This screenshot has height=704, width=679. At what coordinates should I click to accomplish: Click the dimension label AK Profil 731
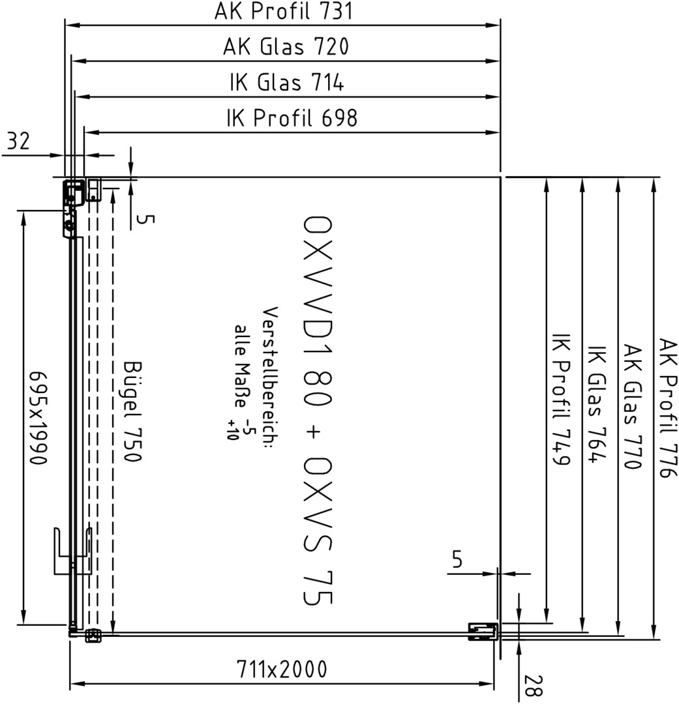(284, 11)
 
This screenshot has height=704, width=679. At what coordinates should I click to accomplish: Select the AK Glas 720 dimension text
(286, 47)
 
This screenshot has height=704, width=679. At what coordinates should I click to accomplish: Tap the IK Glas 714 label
(287, 83)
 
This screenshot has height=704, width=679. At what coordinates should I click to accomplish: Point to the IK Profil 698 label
(292, 118)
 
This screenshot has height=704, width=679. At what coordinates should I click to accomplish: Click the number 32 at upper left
(18, 141)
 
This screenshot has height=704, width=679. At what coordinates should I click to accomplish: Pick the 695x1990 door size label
(38, 418)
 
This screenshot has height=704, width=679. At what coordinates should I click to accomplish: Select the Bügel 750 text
(132, 411)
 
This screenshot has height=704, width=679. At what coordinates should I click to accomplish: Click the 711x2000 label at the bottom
(282, 669)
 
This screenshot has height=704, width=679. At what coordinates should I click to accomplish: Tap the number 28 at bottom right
(534, 685)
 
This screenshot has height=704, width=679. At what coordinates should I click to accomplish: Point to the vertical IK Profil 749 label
(561, 399)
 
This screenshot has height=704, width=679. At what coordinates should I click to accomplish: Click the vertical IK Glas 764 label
(597, 404)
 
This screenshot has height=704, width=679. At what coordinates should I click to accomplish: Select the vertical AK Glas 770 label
(632, 407)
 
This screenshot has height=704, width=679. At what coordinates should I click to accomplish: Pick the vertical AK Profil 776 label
(668, 407)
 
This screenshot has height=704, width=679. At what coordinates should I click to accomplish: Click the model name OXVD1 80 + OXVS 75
(318, 411)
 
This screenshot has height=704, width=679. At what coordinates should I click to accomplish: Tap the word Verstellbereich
(270, 374)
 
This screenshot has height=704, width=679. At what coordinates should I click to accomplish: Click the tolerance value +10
(232, 430)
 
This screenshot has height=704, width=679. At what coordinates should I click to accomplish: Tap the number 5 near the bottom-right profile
(457, 559)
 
